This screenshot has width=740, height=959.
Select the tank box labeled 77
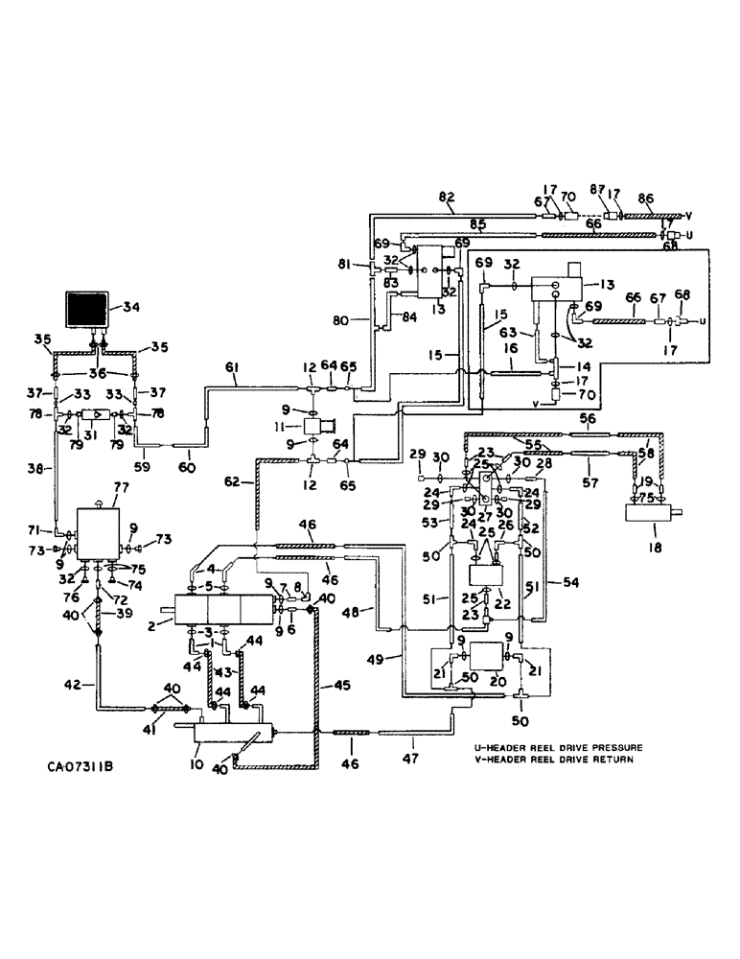pyautogui.click(x=99, y=527)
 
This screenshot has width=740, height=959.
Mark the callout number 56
pyautogui.click(x=590, y=419)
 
